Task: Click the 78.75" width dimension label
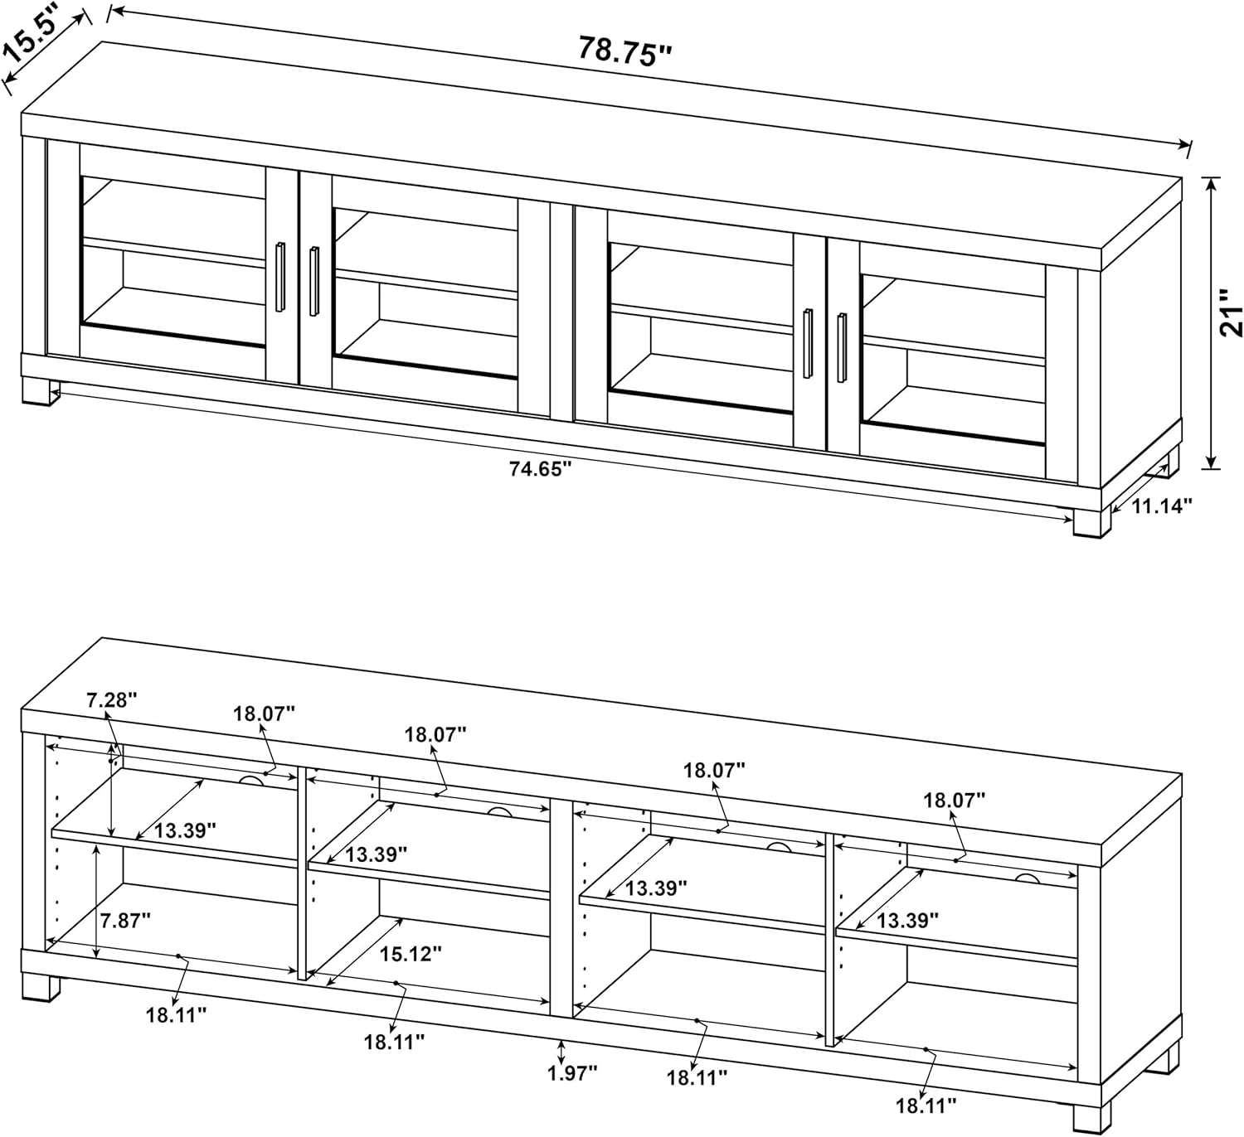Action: [x=625, y=51]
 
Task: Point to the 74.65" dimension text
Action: [x=540, y=469]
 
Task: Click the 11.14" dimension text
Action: [x=1162, y=506]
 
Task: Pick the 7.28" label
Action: [x=111, y=700]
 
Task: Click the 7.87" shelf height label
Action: [x=125, y=922]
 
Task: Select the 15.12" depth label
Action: [x=411, y=954]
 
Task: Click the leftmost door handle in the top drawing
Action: [x=280, y=277]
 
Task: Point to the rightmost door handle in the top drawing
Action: [x=842, y=347]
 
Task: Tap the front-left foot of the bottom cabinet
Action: [x=41, y=986]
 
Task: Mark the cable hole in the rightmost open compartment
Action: [x=1027, y=877]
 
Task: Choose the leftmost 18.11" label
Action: [x=176, y=1015]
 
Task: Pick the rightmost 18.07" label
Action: [x=955, y=801]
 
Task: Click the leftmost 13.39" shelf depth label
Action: [x=185, y=830]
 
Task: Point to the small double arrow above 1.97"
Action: [x=561, y=1052]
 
